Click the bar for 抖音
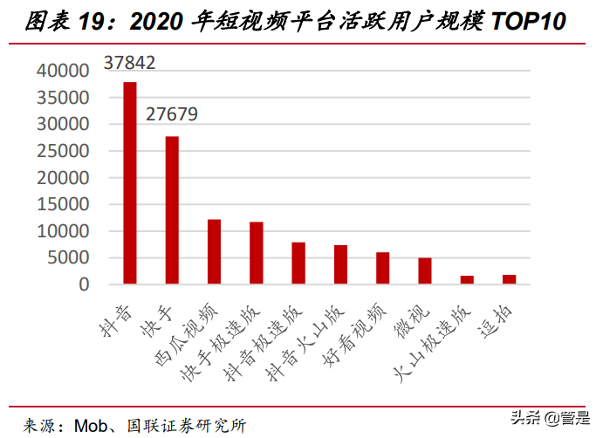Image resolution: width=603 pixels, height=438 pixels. coord(130,183)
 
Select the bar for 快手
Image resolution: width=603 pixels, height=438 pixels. coord(172,210)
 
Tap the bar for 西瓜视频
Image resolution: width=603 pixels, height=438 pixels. coord(214,252)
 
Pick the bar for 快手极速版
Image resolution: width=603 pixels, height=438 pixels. coord(256,253)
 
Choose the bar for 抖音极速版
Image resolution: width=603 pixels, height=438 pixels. coord(298,263)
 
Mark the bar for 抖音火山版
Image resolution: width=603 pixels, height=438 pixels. coord(340,265)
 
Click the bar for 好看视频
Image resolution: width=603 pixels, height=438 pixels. coord(382,269)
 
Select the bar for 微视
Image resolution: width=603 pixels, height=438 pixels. coord(424,271)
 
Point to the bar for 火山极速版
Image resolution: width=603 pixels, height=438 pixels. coord(467,280)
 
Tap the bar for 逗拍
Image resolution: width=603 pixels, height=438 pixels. coord(509,279)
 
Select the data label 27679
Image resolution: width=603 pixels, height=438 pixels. coord(172,114)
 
